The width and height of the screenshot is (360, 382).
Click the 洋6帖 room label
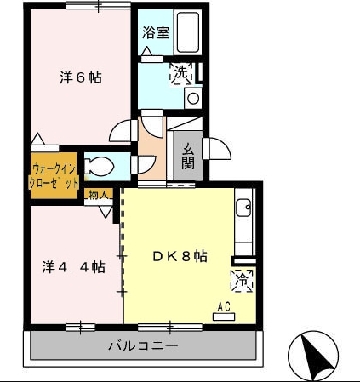pos(81,77)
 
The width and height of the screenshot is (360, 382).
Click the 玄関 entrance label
pos(188,156)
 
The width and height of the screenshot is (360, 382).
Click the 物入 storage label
pos(98,195)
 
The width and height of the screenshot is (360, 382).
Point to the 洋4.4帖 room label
pos(74,265)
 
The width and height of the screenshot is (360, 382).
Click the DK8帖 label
pos(180,256)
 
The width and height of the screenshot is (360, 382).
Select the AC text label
pos(225,305)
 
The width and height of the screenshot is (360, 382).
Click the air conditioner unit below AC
pos(225,316)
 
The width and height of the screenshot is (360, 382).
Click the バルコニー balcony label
pos(143,346)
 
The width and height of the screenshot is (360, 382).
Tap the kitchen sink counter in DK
pos(243,222)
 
